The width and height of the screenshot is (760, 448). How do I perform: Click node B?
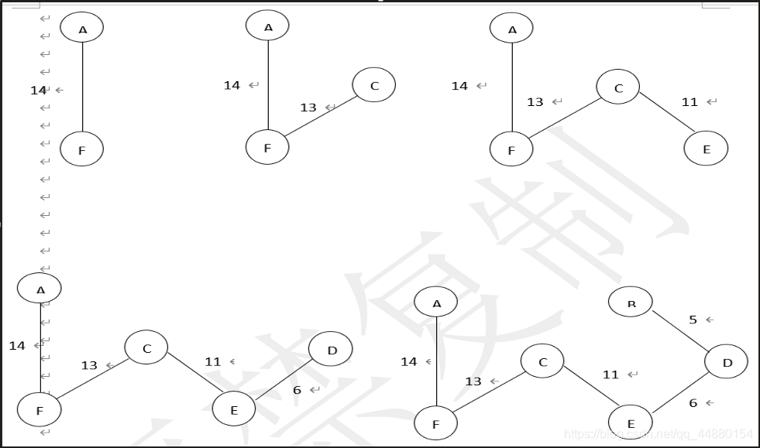[631, 301]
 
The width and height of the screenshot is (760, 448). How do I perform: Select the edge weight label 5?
[693, 319]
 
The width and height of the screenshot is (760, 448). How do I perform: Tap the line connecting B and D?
[679, 330]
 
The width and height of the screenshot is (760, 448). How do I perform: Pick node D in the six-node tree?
[727, 362]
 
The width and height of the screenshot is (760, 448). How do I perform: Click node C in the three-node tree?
[374, 85]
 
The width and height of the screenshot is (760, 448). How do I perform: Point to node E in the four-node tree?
[706, 149]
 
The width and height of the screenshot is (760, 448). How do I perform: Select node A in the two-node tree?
[82, 29]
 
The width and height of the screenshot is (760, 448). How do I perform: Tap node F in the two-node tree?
[81, 150]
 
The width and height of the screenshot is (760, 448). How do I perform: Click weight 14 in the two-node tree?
[39, 91]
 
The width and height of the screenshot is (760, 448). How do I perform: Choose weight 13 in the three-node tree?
[308, 108]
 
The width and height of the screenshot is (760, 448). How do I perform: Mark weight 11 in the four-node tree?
[690, 102]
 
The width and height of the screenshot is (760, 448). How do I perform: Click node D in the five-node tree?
[332, 350]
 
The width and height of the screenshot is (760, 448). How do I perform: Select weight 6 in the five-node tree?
[297, 390]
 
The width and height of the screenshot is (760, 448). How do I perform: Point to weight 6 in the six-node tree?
[693, 402]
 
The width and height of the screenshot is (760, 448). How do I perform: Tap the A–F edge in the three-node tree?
[268, 85]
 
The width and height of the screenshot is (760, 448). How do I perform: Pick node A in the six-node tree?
[436, 303]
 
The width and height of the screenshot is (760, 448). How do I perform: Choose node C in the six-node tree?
[542, 361]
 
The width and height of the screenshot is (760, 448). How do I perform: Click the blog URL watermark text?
[658, 434]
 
